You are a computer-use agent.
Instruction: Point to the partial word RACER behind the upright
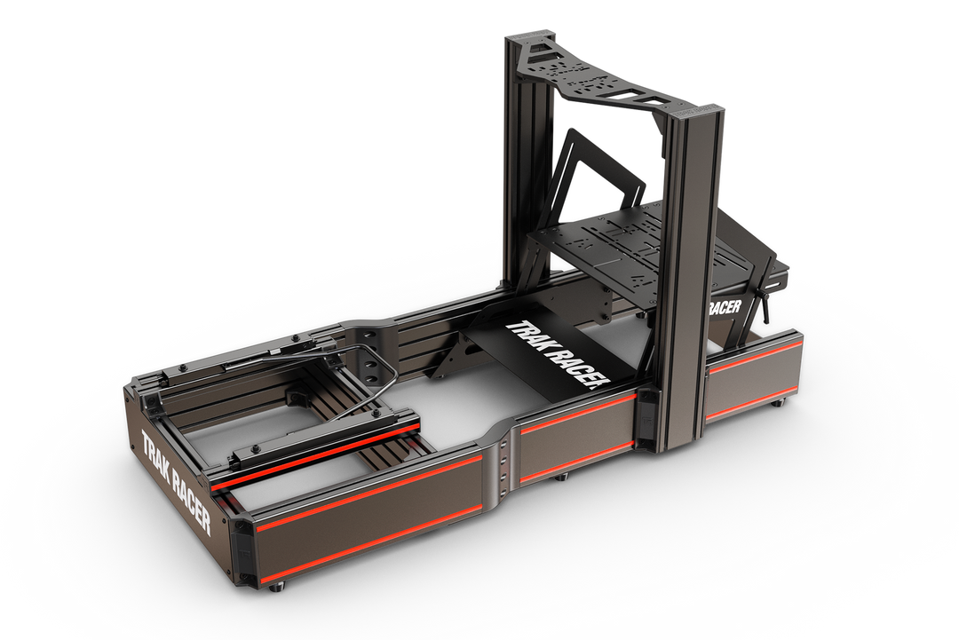coord(725,307)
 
